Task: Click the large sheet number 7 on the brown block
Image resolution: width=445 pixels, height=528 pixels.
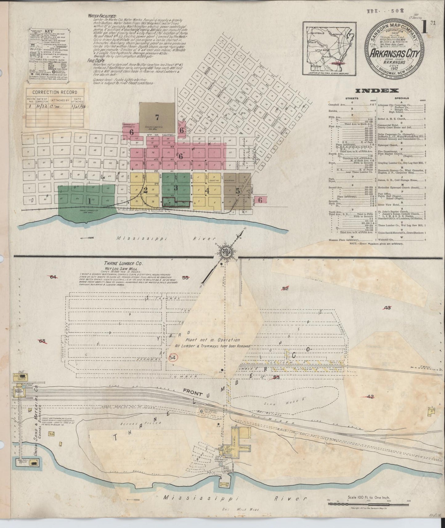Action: click(157, 117)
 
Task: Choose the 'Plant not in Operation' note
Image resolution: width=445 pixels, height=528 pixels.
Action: click(213, 340)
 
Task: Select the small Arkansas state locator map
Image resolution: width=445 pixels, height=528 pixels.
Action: click(329, 48)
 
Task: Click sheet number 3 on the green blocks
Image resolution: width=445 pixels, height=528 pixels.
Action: click(176, 187)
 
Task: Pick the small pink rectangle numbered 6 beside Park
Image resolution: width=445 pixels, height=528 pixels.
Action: click(261, 200)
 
